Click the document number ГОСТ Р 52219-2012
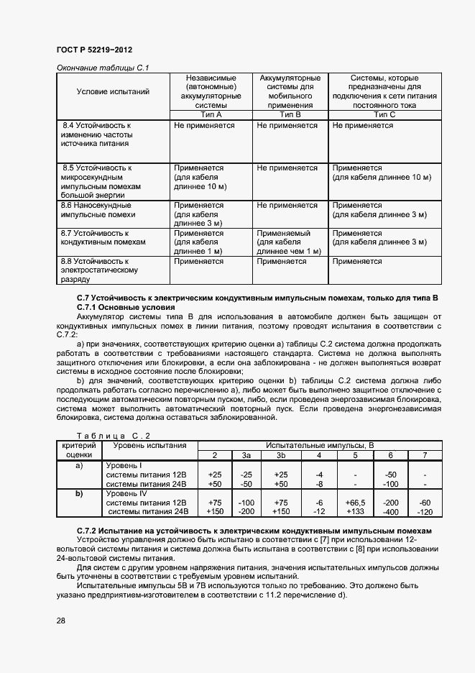[94, 50]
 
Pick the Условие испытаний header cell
[113, 91]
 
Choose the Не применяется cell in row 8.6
[287, 205]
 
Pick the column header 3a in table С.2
[246, 455]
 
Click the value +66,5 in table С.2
[355, 503]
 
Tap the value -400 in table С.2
[391, 512]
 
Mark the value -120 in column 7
[425, 512]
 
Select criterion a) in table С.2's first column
[79, 465]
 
